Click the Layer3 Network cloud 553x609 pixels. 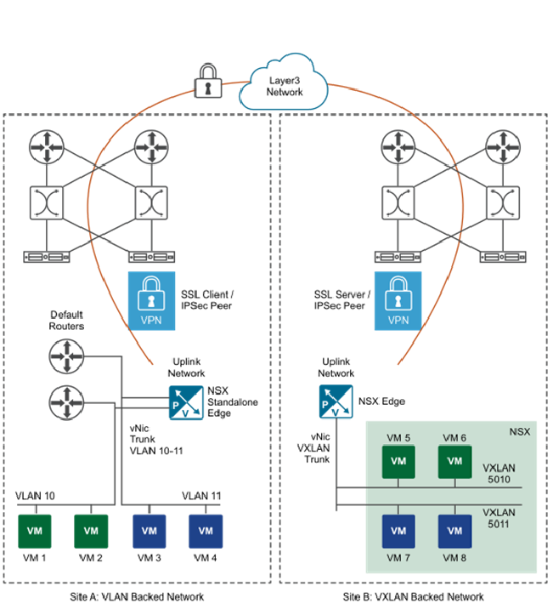(285, 86)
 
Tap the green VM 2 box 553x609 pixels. (91, 530)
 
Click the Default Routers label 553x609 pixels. (67, 320)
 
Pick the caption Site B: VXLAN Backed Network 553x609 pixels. (414, 596)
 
